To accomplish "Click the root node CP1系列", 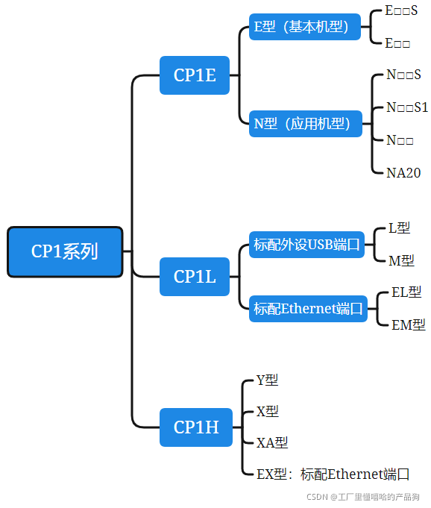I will [x=65, y=252].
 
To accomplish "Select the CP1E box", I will [x=195, y=75].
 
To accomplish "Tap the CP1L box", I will [x=195, y=277].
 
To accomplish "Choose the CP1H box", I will [x=195, y=427].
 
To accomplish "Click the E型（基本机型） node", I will [x=304, y=27].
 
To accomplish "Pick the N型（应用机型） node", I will [x=305, y=124].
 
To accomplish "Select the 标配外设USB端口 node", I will [x=306, y=244].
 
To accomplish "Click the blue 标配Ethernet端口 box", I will [x=308, y=308].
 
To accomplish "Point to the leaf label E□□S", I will [x=401, y=10].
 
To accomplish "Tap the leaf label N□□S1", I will [x=407, y=107].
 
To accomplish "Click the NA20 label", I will [x=403, y=172].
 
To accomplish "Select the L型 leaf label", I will [x=400, y=228].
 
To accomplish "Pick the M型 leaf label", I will [x=401, y=260].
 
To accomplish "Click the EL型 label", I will [x=406, y=292].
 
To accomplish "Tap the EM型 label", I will [x=409, y=324].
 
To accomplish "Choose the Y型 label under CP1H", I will [x=267, y=380].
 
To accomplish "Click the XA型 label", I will [x=272, y=442].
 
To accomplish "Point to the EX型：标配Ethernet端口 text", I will [x=333, y=474].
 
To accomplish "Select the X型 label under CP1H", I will [x=267, y=411].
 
